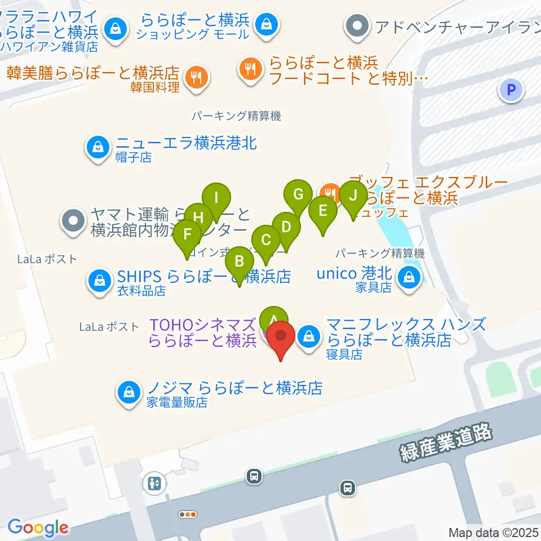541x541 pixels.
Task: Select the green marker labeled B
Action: [x=240, y=262]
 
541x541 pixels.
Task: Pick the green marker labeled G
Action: [x=298, y=196]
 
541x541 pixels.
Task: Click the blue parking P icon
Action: [x=511, y=89]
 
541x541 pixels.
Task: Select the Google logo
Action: [x=38, y=528]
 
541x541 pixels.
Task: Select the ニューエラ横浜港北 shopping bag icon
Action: [x=99, y=147]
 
